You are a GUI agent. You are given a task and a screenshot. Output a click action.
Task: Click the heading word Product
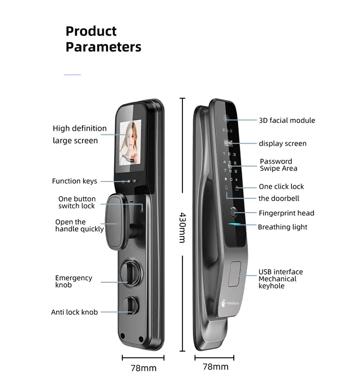pyautogui.click(x=91, y=32)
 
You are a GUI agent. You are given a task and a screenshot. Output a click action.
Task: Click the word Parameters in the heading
pyautogui.click(x=103, y=47)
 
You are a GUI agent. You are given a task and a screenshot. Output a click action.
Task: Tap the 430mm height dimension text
pyautogui.click(x=182, y=228)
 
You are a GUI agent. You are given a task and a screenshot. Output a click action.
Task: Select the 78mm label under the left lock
pyautogui.click(x=144, y=368)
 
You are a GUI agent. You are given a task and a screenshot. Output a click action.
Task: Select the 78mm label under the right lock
pyautogui.click(x=216, y=367)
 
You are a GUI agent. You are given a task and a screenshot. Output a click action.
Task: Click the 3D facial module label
pyautogui.click(x=287, y=120)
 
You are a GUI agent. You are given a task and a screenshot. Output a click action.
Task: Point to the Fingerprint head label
pyautogui.click(x=287, y=213)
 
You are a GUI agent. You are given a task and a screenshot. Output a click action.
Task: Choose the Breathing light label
pyautogui.click(x=283, y=227)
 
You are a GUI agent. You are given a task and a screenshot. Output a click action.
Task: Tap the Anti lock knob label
pyautogui.click(x=74, y=312)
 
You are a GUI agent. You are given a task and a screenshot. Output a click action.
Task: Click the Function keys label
pyautogui.click(x=75, y=181)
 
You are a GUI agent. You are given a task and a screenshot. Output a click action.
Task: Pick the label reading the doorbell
pyautogui.click(x=279, y=198)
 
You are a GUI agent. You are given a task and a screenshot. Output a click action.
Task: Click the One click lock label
pyautogui.click(x=281, y=187)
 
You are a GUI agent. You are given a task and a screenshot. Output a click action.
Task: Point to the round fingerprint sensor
pyautogui.click(x=234, y=212)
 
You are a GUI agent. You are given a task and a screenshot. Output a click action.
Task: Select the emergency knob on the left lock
pyautogui.click(x=130, y=273)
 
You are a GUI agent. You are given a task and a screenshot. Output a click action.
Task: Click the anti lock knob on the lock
pyautogui.click(x=131, y=305)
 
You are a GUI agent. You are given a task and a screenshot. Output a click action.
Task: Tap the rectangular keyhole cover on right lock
pyautogui.click(x=234, y=274)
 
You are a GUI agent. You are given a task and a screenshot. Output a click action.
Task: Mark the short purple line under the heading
pyautogui.click(x=72, y=75)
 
